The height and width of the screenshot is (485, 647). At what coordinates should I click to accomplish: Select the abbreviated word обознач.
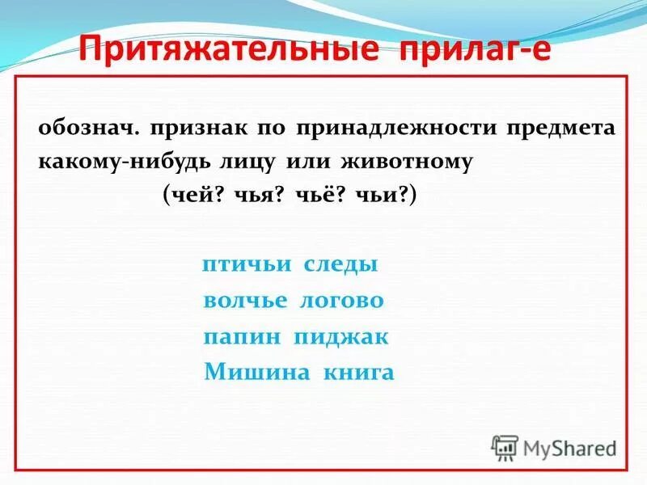(80, 129)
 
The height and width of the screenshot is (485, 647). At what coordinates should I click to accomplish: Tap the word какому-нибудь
(125, 161)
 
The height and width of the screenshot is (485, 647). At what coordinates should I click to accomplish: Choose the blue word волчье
(245, 301)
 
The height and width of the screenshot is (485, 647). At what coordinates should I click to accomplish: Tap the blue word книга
(358, 373)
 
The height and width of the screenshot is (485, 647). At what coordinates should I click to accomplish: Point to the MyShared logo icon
(505, 447)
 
